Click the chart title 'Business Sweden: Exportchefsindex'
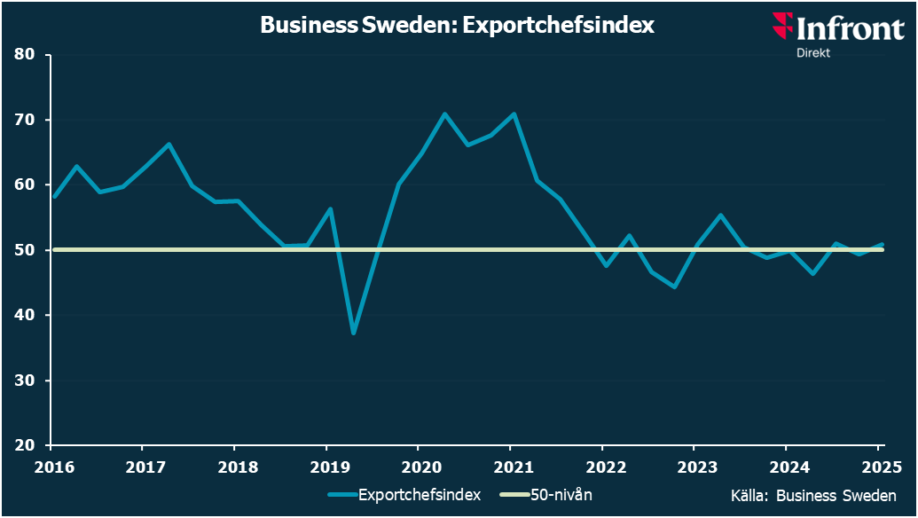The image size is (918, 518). (x=457, y=25)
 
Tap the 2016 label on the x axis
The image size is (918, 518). (x=51, y=467)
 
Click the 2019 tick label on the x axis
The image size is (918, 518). (x=326, y=467)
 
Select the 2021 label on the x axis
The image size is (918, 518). (x=510, y=467)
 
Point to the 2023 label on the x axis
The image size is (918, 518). (x=694, y=467)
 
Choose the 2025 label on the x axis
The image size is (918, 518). (x=877, y=467)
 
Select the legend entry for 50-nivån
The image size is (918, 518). (x=559, y=495)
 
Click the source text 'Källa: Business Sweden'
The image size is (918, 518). (x=812, y=495)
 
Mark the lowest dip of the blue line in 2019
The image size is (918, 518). (x=353, y=334)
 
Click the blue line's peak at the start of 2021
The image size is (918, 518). (x=514, y=114)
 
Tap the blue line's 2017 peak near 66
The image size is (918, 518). (x=169, y=144)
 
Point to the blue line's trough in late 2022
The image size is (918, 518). (x=675, y=287)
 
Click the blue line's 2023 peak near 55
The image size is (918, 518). (x=720, y=215)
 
